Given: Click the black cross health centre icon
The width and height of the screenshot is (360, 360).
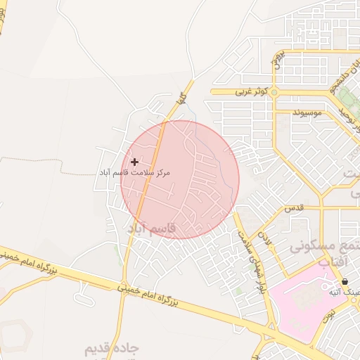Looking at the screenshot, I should [134, 162].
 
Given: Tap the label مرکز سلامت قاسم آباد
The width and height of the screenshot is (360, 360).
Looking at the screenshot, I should [134, 172].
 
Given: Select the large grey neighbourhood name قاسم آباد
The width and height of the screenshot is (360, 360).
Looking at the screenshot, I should [151, 229].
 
